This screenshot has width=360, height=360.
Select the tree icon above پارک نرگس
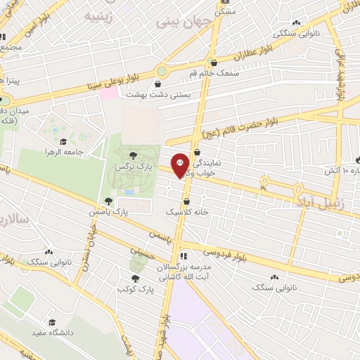(x=134, y=155)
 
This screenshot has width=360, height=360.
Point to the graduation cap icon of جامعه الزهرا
(x=63, y=142)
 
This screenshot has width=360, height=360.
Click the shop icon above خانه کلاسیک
(x=186, y=201)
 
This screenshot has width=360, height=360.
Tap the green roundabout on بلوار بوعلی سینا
(x=162, y=70)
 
